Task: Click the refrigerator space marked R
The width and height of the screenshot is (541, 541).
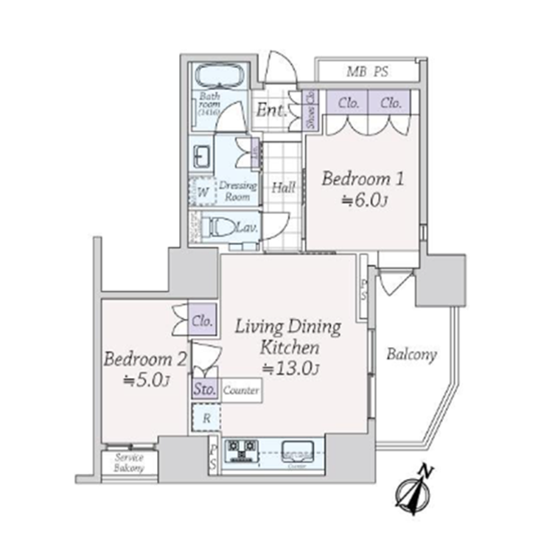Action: tap(207, 418)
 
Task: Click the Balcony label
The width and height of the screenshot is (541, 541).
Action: tap(411, 355)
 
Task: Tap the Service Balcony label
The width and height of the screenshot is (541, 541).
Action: tap(129, 463)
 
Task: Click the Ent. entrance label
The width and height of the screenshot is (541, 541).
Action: tap(270, 111)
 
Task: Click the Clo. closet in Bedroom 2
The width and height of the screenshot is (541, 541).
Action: tap(202, 321)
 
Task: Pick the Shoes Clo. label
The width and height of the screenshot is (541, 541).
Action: tap(311, 111)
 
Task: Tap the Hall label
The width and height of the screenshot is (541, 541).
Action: tap(283, 188)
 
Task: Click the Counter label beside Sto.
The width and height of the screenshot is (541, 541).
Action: tap(241, 391)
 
